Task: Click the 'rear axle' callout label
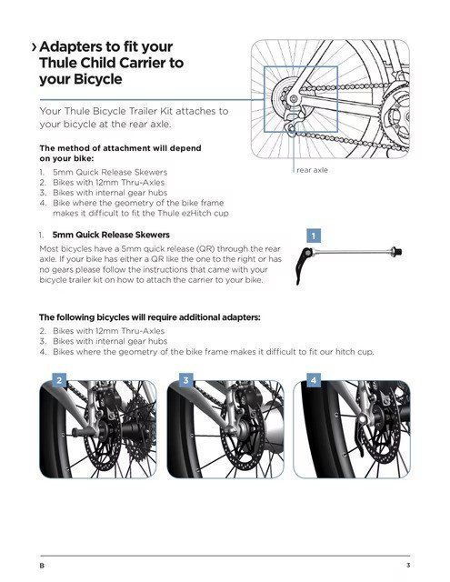312,170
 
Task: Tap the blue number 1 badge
314,236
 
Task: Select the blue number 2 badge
59,380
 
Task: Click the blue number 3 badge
185,380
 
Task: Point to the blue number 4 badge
314,380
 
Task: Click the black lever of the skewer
301,266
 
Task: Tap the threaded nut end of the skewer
396,252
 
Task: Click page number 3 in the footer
408,566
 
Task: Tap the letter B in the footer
42,566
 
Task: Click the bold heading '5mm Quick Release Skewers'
111,235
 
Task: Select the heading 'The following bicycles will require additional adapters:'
150,317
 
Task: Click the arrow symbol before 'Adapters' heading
35,47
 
